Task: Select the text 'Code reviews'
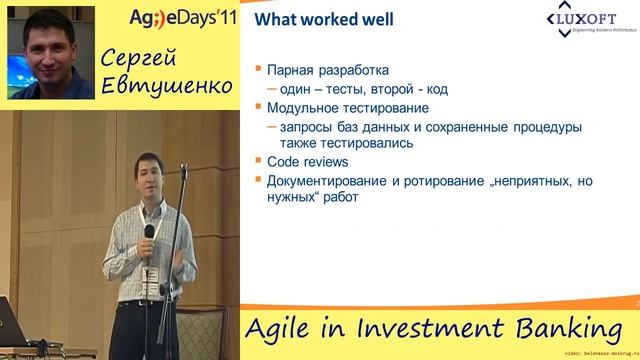pyautogui.click(x=307, y=160)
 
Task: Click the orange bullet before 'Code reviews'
pyautogui.click(x=258, y=160)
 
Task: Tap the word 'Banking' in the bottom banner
pyautogui.click(x=570, y=329)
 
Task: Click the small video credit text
pyautogui.click(x=600, y=354)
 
